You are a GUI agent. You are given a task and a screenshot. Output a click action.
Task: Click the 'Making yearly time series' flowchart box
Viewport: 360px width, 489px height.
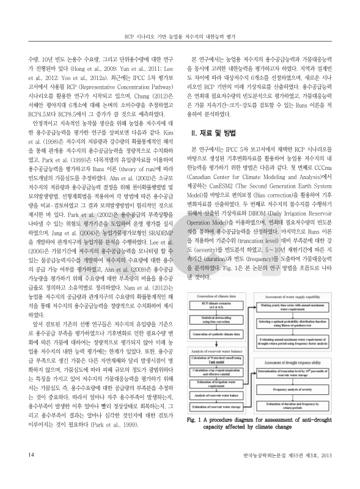[299, 307]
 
